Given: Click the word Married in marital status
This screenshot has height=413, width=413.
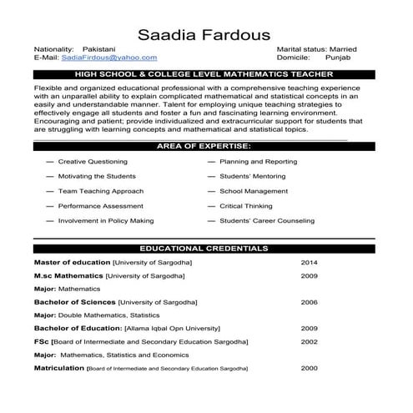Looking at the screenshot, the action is click(x=344, y=49).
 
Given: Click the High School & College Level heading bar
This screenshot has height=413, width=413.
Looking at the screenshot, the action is click(x=204, y=74).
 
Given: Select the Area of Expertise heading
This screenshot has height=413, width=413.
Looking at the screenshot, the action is click(x=204, y=146).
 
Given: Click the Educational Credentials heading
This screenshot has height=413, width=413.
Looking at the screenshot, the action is click(x=204, y=249).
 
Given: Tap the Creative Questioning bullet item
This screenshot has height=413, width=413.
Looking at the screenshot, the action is click(x=93, y=161).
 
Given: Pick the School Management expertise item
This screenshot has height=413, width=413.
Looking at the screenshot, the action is click(x=254, y=191).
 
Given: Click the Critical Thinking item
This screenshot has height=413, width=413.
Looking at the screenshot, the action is click(x=246, y=206).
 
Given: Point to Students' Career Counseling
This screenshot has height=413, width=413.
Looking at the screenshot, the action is click(x=267, y=221).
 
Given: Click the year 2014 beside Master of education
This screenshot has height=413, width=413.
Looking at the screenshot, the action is click(x=309, y=262).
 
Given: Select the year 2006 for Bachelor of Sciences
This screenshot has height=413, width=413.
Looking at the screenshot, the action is click(x=309, y=301).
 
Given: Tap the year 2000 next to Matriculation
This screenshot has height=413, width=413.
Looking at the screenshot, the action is click(x=309, y=368).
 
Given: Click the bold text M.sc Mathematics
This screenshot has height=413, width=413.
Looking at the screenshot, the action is click(x=69, y=274).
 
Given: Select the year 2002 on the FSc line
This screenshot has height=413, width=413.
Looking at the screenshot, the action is click(x=309, y=341).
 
